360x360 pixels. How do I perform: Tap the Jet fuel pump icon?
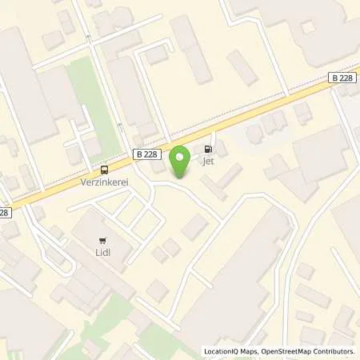click(x=210, y=149)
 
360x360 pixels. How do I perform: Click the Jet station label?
click(x=210, y=161)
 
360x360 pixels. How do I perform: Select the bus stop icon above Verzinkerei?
click(x=104, y=170)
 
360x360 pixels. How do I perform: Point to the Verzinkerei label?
click(x=104, y=182)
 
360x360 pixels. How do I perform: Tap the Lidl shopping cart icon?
click(x=102, y=239)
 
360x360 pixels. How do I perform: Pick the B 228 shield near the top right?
click(x=342, y=78)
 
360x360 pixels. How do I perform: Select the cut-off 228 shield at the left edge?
click(x=4, y=212)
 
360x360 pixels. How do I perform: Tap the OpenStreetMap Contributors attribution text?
click(x=306, y=351)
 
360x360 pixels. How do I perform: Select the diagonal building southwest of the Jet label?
click(x=214, y=187)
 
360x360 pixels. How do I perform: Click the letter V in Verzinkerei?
click(x=83, y=182)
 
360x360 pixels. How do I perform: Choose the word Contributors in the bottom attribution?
click(x=332, y=351)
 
